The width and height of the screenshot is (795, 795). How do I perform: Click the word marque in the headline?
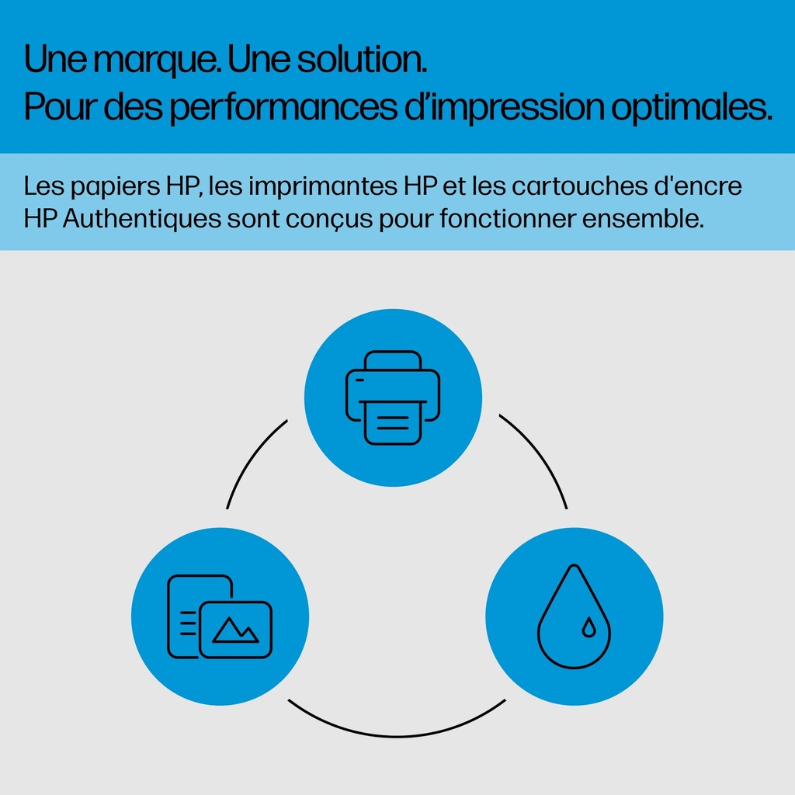coord(155,61)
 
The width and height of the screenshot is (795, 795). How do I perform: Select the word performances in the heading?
coord(283,108)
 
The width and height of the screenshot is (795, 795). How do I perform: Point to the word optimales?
coord(692,108)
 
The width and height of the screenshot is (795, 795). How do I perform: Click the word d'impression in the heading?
coord(505,107)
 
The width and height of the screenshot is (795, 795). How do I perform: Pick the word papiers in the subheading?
coord(115,188)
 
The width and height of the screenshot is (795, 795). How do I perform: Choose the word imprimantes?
coord(322,187)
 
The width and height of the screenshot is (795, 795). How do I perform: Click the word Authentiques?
coord(142,218)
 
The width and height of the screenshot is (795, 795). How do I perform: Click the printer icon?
coord(393,397)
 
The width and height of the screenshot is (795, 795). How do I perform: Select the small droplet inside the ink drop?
coord(588,627)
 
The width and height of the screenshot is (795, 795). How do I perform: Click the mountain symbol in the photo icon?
coord(235,630)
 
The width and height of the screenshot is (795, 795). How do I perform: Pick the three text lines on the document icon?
coord(188,623)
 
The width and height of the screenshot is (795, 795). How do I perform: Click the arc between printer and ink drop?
coord(540,455)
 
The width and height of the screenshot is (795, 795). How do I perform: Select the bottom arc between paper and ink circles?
coord(397,736)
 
